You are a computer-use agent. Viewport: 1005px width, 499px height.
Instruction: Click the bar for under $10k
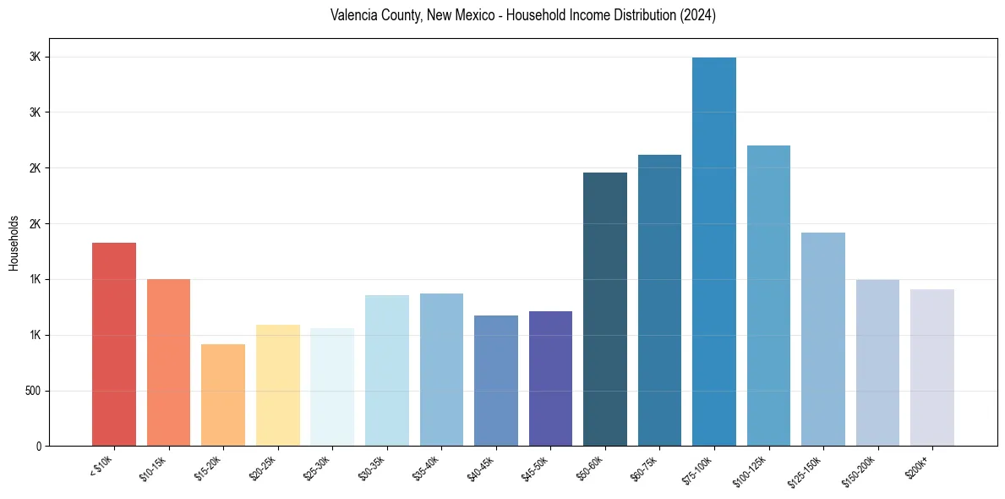114,344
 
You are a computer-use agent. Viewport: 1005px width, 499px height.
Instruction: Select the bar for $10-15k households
168,362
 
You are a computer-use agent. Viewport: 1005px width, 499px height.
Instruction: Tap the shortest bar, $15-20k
223,395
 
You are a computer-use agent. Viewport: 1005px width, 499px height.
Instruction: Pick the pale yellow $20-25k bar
277,385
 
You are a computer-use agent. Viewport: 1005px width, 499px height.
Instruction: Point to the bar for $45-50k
550,378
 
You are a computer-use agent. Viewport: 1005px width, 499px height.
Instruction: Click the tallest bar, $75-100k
714,251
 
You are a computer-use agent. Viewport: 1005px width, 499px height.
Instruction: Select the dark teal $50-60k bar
605,309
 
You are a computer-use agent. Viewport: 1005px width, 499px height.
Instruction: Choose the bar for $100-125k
768,295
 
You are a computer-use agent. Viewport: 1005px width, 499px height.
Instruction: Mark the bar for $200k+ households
932,367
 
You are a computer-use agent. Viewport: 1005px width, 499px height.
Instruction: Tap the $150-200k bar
877,362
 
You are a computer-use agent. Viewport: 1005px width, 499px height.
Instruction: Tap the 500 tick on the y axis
33,391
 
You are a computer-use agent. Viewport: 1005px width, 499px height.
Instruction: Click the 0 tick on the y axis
39,446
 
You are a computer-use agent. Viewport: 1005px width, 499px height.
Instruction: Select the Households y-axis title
14,242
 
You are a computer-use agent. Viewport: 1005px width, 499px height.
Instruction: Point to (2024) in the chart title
698,15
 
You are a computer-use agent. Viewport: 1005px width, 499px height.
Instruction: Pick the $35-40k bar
441,370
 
